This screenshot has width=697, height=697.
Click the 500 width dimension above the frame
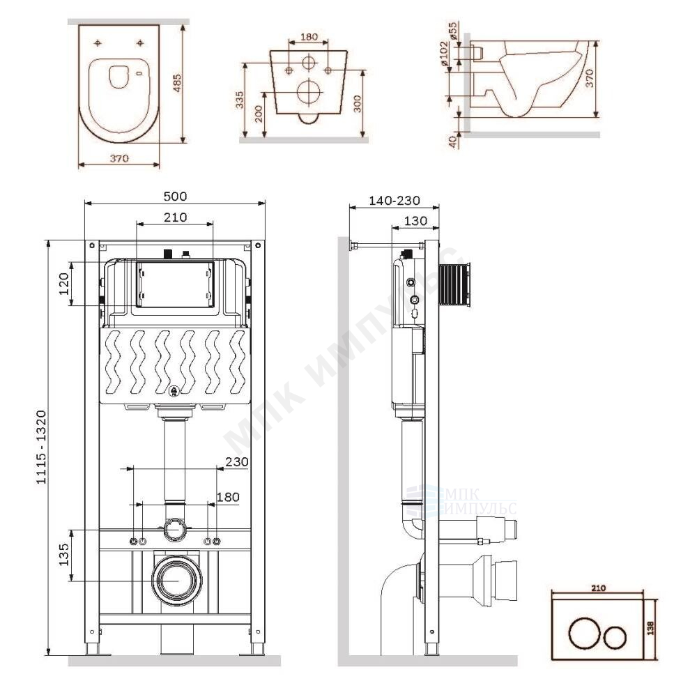pos(175,196)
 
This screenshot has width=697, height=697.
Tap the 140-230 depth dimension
pos(395,201)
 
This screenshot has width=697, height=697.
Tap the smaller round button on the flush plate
pos(615,636)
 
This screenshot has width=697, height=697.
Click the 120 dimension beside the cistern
pos(63,284)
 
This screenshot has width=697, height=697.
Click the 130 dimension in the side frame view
pos(415,220)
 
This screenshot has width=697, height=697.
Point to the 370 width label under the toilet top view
pos(119,158)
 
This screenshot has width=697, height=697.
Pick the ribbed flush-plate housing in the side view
pos(457,285)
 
